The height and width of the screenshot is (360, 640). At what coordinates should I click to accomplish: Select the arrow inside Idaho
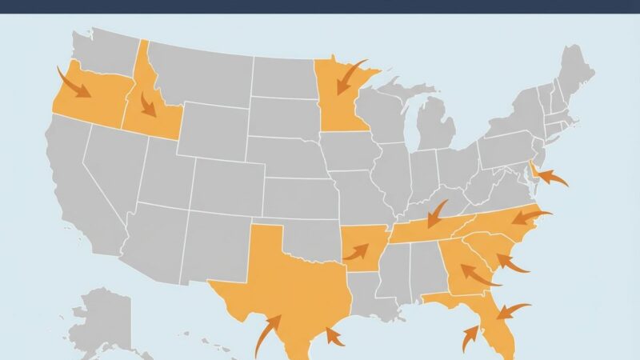click(146, 102)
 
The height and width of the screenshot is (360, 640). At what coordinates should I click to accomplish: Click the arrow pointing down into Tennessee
click(436, 214)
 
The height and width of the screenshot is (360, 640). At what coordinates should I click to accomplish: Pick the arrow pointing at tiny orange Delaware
click(551, 177)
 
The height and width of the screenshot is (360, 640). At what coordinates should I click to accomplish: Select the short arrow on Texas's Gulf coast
click(334, 336)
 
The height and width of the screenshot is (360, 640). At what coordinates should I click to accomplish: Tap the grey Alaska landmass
click(104, 320)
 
